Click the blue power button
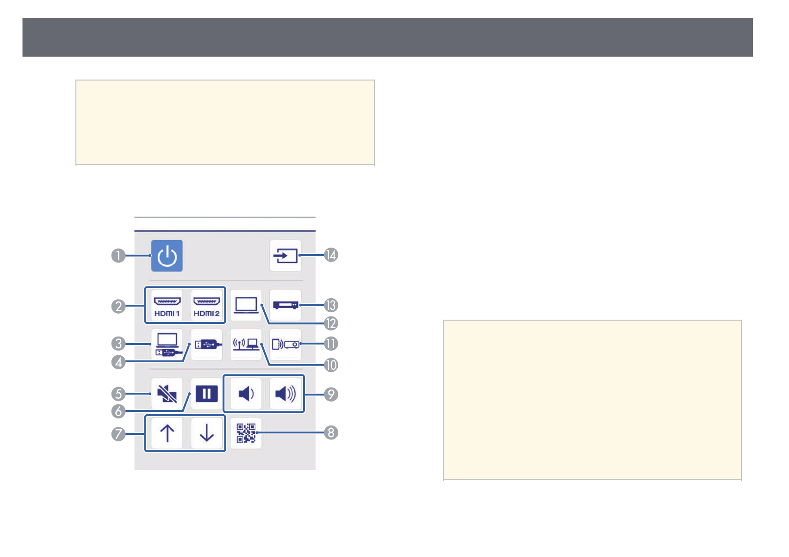[167, 256]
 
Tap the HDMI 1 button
[167, 305]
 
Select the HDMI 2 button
[207, 305]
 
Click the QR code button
[246, 433]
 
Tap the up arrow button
[167, 433]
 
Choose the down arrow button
[207, 433]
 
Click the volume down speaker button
[246, 394]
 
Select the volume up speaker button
[285, 394]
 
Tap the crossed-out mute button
[167, 394]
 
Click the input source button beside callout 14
[285, 256]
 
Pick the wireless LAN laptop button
[246, 344]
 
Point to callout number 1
[119, 256]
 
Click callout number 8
[331, 432]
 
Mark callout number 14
[331, 255]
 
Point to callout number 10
[331, 365]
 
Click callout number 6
[119, 411]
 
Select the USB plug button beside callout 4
[207, 344]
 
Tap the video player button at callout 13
[285, 305]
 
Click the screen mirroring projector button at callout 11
[285, 344]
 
